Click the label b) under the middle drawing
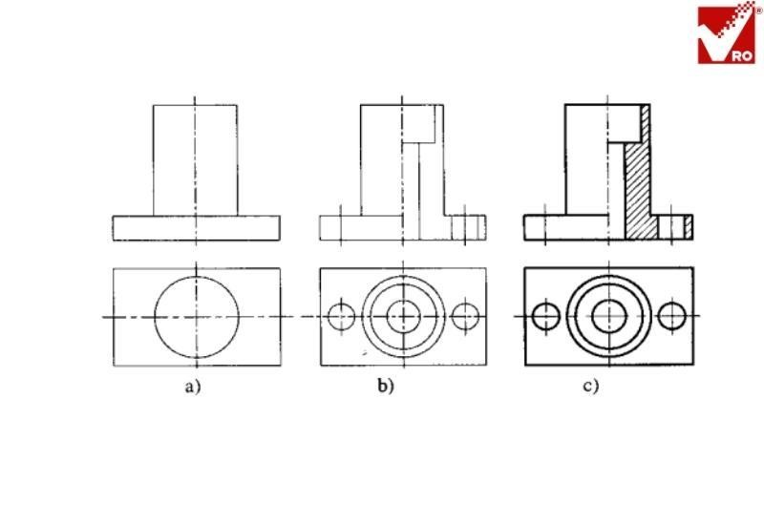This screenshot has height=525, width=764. tap(387, 387)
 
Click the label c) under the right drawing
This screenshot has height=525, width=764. tap(592, 387)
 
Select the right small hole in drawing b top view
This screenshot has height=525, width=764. tap(466, 315)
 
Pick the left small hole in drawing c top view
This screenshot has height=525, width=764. tap(546, 315)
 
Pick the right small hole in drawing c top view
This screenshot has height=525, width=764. tap(672, 315)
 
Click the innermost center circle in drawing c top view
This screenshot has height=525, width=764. tap(608, 315)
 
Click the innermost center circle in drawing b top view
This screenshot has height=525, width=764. tap(403, 315)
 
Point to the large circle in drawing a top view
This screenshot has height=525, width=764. tap(196, 316)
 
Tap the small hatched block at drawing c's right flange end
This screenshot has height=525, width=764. tap(688, 226)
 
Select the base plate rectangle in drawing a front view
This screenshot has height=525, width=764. tap(196, 227)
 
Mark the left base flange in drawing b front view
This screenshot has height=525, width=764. tap(340, 227)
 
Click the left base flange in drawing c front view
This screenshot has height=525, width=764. tap(544, 227)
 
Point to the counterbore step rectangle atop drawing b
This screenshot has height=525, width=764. tap(424, 121)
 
